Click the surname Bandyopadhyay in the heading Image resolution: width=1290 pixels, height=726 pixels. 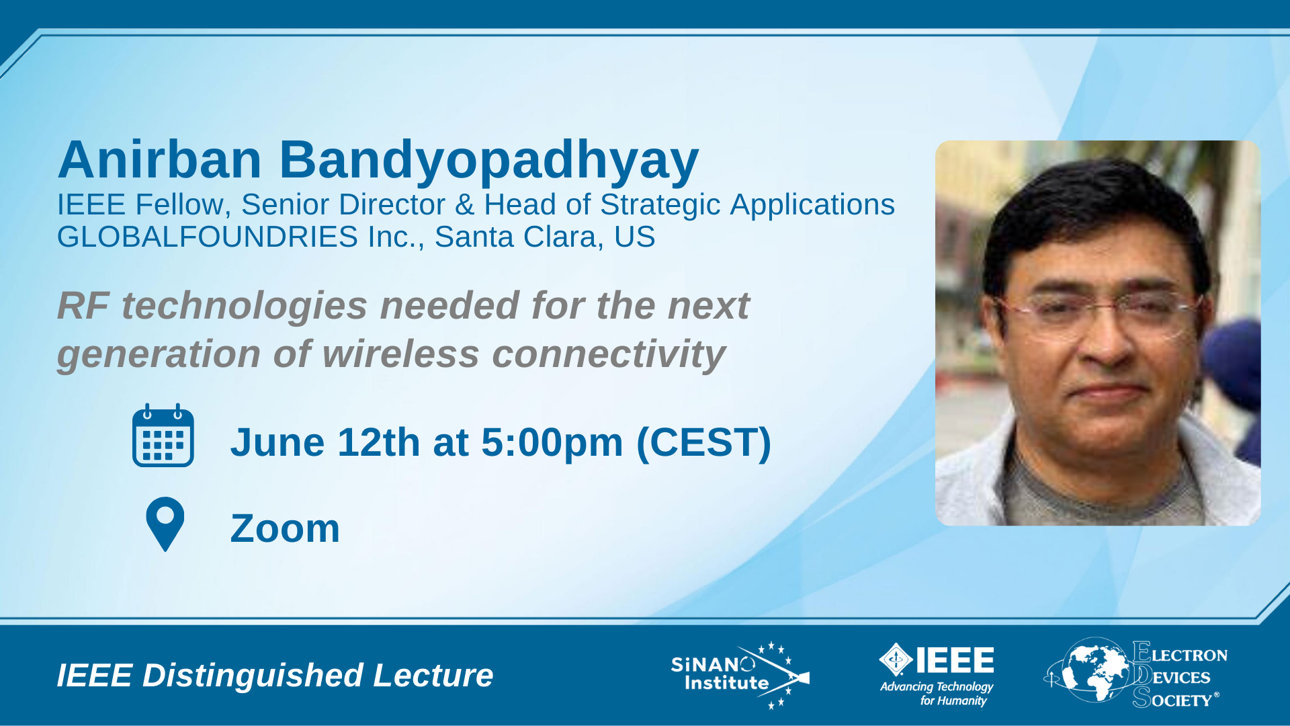[x=489, y=161]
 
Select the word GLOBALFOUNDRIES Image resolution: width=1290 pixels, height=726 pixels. [x=208, y=237]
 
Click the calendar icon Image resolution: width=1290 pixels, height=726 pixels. [x=163, y=435]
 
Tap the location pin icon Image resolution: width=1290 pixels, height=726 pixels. [x=165, y=523]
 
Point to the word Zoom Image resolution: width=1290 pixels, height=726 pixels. [x=285, y=528]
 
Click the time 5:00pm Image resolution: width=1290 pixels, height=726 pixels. [x=552, y=443]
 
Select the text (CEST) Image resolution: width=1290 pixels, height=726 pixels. [x=703, y=443]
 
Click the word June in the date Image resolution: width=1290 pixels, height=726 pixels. [x=277, y=442]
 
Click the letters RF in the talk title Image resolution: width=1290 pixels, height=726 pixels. [x=83, y=306]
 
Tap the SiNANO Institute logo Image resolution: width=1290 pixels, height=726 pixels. [x=740, y=675]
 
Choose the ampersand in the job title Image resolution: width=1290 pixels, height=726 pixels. [x=464, y=205]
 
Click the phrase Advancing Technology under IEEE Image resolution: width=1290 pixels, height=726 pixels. [x=937, y=687]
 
